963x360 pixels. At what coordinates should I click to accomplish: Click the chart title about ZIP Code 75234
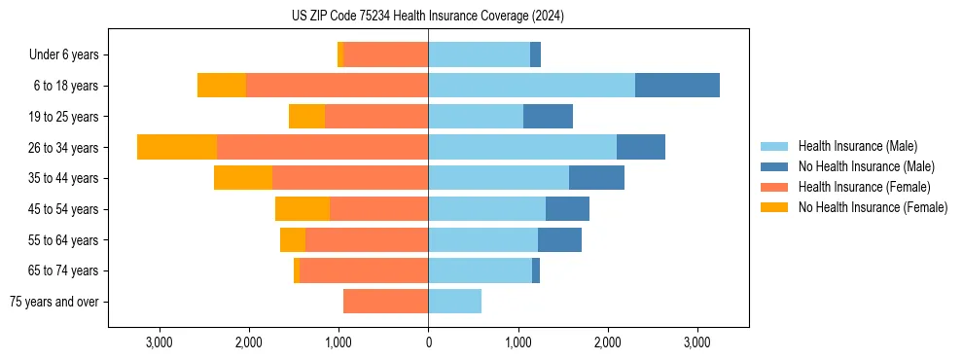click(428, 16)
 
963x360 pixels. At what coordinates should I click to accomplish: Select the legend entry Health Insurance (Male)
click(856, 146)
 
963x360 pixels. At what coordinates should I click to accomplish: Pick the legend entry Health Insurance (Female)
click(864, 187)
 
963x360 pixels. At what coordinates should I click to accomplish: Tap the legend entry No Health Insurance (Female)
click(873, 207)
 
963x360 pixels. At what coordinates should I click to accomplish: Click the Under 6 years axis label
click(63, 55)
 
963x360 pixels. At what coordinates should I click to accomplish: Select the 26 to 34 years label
click(64, 148)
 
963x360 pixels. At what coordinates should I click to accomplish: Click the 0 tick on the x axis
click(428, 342)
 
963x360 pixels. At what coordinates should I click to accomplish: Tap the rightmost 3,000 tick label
click(697, 342)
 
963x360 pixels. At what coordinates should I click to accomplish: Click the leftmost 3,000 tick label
click(159, 342)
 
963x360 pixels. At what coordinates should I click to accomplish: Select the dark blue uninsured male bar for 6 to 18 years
click(677, 86)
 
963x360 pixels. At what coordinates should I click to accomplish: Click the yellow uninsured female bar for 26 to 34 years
click(177, 147)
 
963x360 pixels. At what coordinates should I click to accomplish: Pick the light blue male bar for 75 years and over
click(454, 302)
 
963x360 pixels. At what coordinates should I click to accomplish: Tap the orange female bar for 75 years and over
click(386, 302)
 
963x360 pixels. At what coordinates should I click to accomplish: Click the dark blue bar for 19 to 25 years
click(548, 117)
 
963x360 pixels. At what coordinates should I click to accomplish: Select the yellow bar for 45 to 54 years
click(303, 209)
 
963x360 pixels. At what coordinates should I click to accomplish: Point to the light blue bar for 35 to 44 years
click(498, 178)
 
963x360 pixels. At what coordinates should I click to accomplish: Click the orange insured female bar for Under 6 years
click(386, 55)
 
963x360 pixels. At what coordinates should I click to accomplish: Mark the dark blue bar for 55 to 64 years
click(559, 239)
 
